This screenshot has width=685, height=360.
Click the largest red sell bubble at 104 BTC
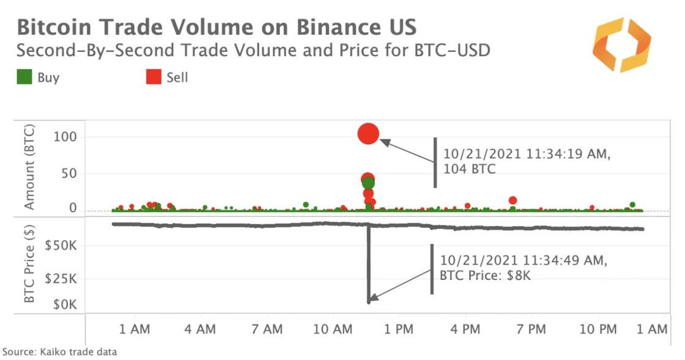368,133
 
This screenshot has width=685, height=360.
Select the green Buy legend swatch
24,78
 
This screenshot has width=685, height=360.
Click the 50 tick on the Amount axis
69,173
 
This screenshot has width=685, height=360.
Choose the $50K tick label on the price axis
61,246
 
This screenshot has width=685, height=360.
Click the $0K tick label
64,304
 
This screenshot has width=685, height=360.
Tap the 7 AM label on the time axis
267,329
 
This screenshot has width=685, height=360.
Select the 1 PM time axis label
399,329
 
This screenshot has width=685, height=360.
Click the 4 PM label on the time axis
465,329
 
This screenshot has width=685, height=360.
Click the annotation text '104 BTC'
470,169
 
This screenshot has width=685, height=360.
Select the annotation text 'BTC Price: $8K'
485,276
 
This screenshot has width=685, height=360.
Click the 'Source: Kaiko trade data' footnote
59,352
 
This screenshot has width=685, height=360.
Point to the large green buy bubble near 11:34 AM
368,183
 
